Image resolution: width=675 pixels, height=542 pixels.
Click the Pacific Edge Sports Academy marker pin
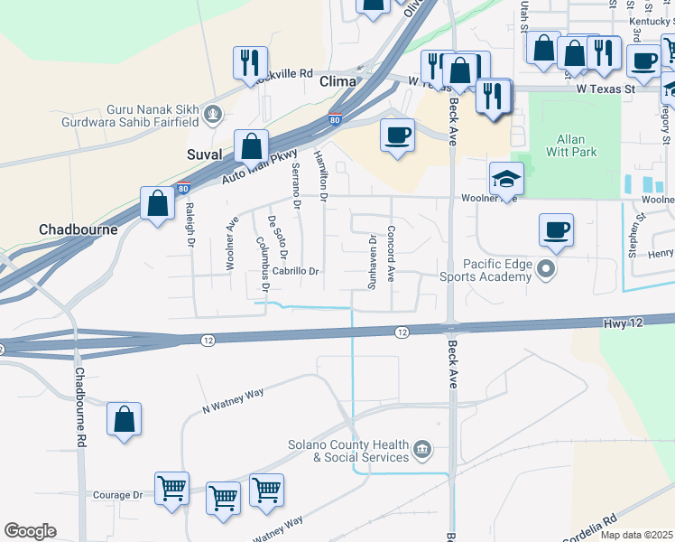click(545, 268)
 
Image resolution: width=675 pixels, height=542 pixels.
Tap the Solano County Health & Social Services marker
click(421, 449)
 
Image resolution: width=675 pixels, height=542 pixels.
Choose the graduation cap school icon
click(506, 177)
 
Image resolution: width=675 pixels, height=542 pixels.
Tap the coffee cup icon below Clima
click(397, 135)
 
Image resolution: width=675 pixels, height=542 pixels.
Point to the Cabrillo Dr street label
click(297, 271)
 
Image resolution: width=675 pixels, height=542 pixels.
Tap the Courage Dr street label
click(118, 495)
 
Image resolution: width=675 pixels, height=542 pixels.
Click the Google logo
click(30, 531)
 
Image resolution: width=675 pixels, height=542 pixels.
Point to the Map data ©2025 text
click(636, 535)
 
